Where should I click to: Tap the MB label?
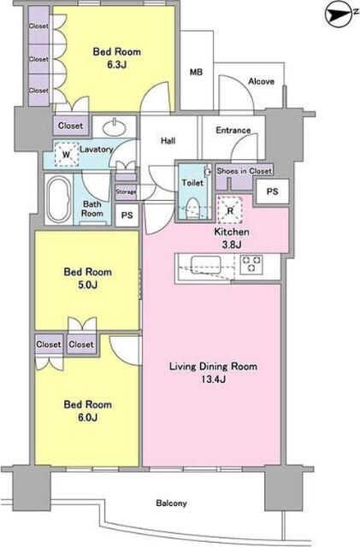point(196,72)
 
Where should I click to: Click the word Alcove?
point(261,81)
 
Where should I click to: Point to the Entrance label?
point(233,130)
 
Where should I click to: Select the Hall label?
point(168,140)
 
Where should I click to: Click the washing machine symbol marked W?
point(67,154)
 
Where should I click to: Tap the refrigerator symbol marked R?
point(230,210)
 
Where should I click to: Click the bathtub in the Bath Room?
point(59,199)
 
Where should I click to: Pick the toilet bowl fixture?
point(192,209)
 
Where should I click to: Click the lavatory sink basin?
point(115,127)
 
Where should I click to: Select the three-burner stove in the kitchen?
point(251,263)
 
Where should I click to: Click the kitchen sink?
point(205,265)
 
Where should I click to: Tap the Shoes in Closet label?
point(244,171)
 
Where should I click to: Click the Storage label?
point(126,191)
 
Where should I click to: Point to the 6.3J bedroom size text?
point(116,65)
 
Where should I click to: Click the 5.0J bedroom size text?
point(87,285)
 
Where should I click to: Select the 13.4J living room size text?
point(213,379)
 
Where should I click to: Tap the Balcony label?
point(171,503)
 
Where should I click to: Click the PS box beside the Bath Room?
point(127,215)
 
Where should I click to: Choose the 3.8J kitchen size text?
point(232,244)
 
